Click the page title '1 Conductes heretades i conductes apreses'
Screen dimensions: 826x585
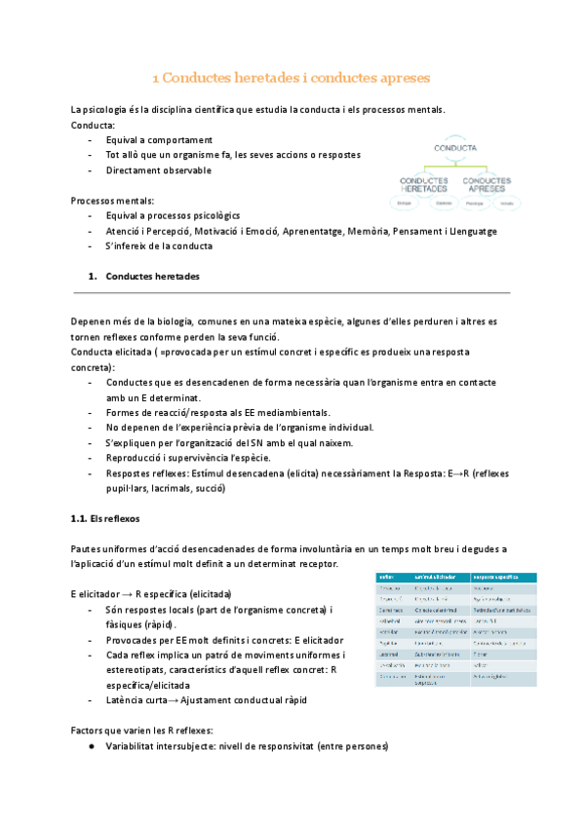[x=292, y=76]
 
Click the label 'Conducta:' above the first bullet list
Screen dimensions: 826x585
[x=93, y=125]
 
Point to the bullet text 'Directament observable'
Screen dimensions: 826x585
[x=158, y=170]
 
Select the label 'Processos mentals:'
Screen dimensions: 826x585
[x=112, y=200]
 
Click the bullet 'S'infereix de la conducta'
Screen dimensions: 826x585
[x=159, y=245]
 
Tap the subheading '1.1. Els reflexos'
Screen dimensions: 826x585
[x=100, y=519]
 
